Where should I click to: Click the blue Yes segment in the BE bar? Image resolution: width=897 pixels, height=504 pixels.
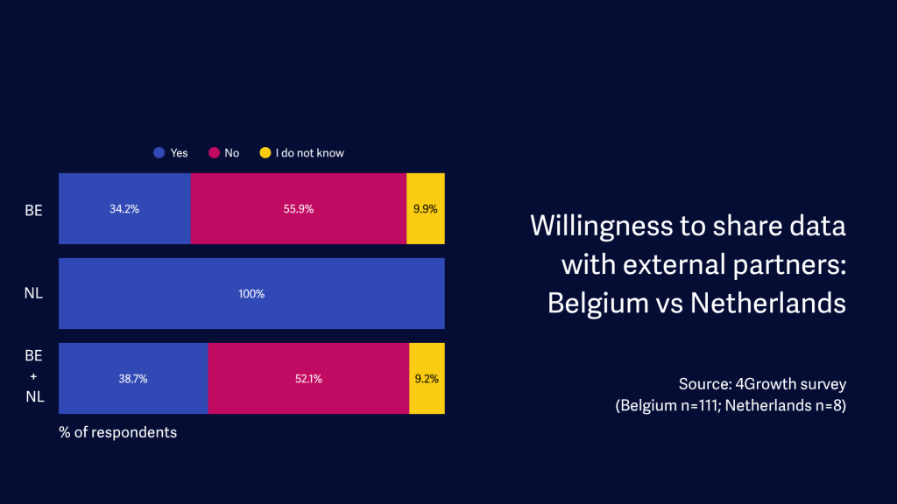tap(124, 208)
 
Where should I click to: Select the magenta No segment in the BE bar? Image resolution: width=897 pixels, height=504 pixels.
tap(298, 208)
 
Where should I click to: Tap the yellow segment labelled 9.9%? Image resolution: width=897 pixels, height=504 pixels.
tap(426, 208)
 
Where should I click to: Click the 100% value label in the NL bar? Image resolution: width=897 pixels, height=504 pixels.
tap(251, 294)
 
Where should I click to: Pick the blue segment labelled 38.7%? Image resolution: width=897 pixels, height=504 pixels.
tap(133, 379)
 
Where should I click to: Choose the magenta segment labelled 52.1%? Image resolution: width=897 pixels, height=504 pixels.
tap(308, 379)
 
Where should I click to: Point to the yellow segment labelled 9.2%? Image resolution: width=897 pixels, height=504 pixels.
tap(427, 379)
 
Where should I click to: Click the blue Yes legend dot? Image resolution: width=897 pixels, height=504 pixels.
tap(159, 153)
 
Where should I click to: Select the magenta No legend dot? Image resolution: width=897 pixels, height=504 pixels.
tap(213, 153)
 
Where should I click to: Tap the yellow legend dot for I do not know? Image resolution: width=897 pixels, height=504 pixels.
tap(265, 153)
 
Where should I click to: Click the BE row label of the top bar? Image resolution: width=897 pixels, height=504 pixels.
tap(33, 209)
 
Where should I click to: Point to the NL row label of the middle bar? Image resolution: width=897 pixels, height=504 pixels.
tap(33, 294)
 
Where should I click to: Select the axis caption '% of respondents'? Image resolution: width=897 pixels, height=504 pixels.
tap(117, 432)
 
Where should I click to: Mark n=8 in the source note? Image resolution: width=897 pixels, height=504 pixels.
tap(824, 406)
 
